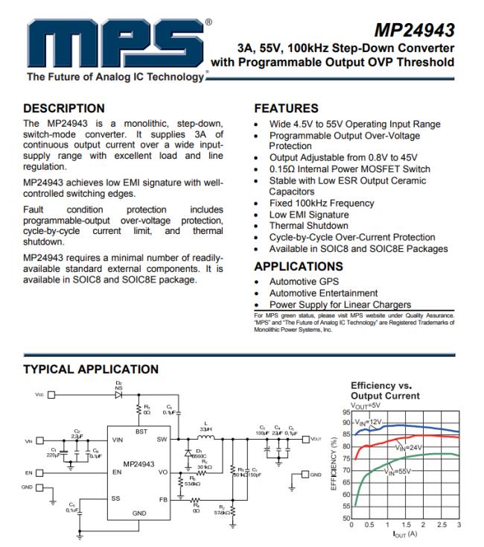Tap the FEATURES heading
(x=286, y=109)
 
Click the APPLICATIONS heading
(x=299, y=266)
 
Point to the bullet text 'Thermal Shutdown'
(x=308, y=226)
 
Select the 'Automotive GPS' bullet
(x=304, y=282)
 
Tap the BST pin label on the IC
(x=141, y=431)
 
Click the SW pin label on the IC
(x=162, y=440)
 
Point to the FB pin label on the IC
(x=162, y=499)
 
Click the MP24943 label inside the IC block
(x=139, y=464)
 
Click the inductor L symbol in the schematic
(x=203, y=439)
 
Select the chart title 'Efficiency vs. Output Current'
(x=384, y=391)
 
